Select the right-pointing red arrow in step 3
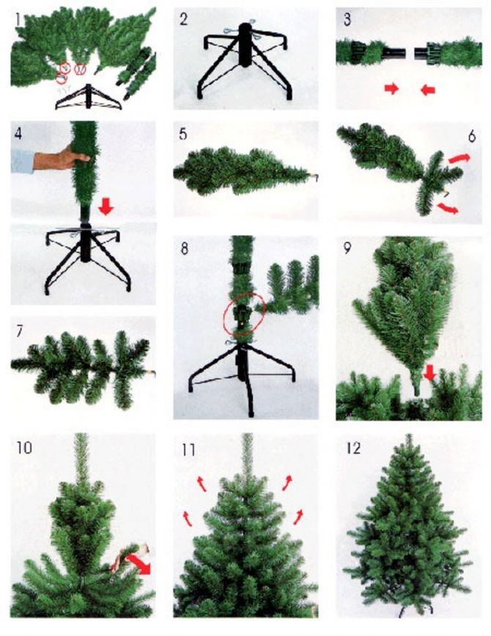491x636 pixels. click(x=392, y=89)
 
